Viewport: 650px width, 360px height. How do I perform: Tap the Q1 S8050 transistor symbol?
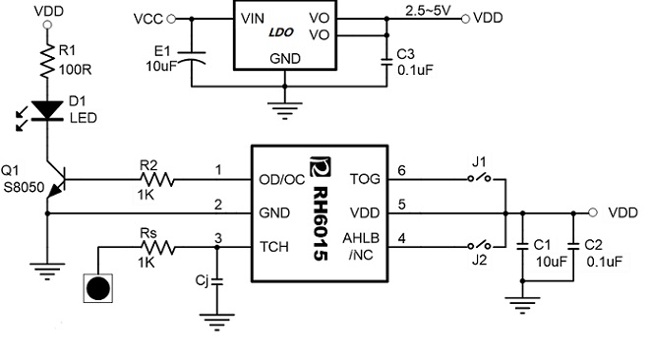(53, 182)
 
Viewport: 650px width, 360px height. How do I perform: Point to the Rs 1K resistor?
(158, 249)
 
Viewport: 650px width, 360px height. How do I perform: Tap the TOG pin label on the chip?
(365, 179)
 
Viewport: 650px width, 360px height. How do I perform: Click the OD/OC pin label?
(281, 179)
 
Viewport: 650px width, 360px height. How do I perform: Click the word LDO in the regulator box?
(283, 34)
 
